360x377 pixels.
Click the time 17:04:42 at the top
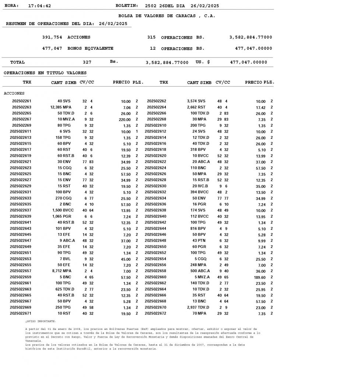click(x=39, y=6)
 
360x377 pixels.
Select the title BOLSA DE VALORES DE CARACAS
click(x=167, y=16)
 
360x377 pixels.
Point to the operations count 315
click(x=151, y=38)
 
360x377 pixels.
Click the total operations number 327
click(x=87, y=63)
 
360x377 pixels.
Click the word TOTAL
click(x=17, y=63)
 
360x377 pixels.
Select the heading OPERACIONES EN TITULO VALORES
click(x=45, y=73)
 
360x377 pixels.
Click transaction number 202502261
click(x=22, y=101)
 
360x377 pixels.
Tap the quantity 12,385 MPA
click(x=61, y=107)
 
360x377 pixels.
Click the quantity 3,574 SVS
click(x=196, y=101)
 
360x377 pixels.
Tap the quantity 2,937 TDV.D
click(x=198, y=307)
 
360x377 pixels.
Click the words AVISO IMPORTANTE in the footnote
click(x=41, y=321)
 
